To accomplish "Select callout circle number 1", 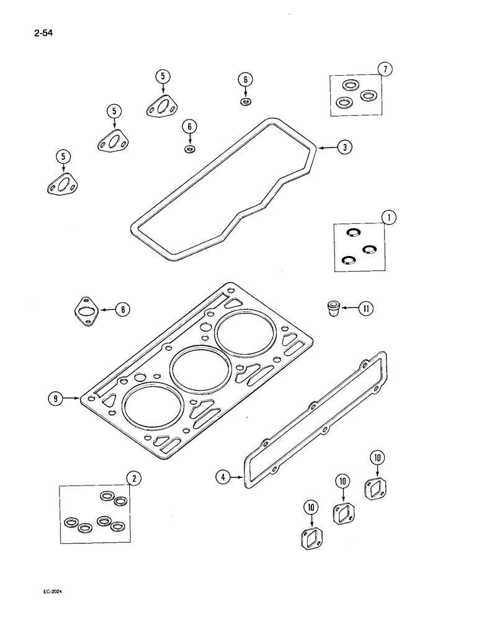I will click(388, 218).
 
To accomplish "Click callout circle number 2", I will click(131, 477).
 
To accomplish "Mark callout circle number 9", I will click(56, 399).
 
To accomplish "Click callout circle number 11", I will click(366, 307).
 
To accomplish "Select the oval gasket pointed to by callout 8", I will click(87, 309).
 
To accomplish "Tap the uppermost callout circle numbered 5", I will click(163, 76).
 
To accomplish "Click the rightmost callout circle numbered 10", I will click(378, 458).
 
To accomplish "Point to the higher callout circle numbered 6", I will click(245, 79).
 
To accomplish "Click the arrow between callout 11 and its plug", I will click(351, 307).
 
